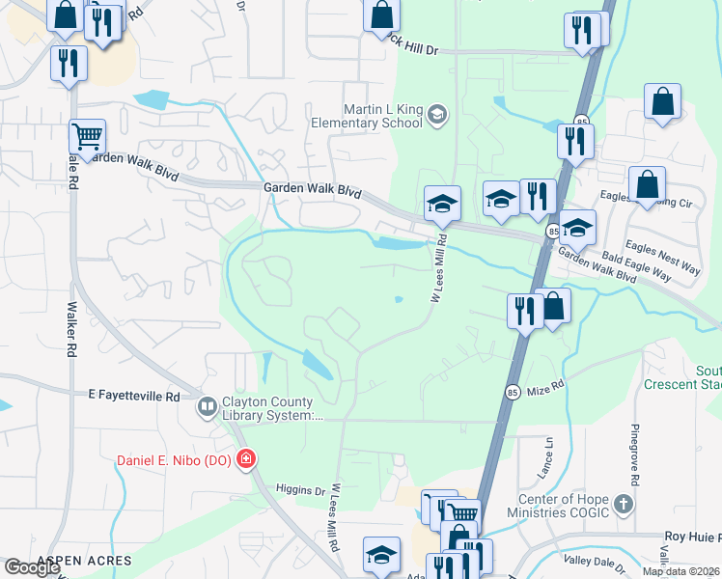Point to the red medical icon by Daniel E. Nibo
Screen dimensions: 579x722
(246, 459)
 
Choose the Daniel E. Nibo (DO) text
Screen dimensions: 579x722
(174, 460)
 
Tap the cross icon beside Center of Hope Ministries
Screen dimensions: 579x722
(624, 503)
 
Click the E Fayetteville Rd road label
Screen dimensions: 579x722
(134, 396)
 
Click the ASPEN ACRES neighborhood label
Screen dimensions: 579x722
(84, 561)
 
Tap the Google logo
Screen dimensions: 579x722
(32, 567)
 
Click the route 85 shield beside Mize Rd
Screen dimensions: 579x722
(513, 391)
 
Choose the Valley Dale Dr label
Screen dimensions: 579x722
(597, 565)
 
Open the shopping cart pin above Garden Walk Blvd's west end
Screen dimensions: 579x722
(87, 136)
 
